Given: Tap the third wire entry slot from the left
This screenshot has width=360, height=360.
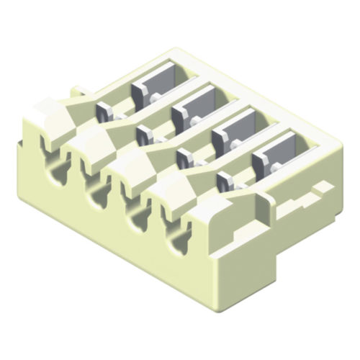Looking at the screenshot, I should coord(132,213).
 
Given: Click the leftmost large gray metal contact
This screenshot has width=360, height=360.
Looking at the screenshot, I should coord(152,86).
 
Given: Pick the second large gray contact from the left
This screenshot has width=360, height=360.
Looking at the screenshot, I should coord(192,109).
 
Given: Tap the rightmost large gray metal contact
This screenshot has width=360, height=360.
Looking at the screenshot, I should coord(271,156).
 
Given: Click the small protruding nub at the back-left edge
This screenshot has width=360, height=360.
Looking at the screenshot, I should coord(76,91).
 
